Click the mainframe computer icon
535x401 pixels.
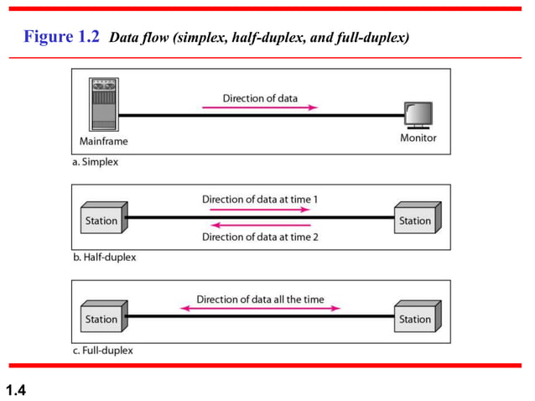(x=104, y=104)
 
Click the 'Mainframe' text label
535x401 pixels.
(x=104, y=140)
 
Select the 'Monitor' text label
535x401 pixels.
(x=418, y=138)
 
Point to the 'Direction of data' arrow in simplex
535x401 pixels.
(x=260, y=107)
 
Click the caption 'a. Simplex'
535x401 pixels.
(x=95, y=162)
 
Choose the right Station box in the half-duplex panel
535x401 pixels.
(x=417, y=221)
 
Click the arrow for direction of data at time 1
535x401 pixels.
(x=260, y=210)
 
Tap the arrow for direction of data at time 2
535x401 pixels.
(x=260, y=225)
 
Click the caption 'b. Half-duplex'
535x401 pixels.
(x=104, y=258)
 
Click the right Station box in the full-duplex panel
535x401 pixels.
(x=417, y=318)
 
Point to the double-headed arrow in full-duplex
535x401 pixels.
(x=260, y=309)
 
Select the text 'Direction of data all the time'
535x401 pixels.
(x=260, y=299)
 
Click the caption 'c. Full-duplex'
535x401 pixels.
(x=102, y=350)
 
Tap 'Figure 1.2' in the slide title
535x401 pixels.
(x=62, y=37)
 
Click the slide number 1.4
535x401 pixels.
(x=16, y=388)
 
